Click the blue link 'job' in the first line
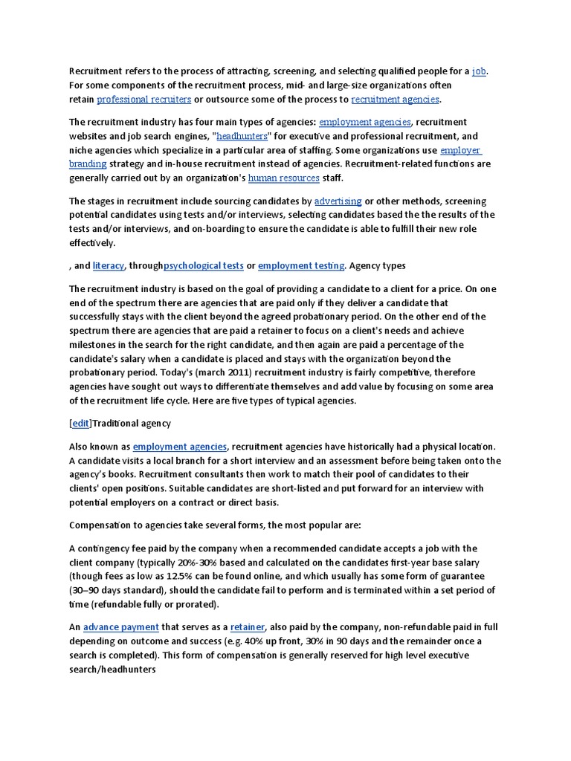(480, 71)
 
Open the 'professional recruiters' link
(143, 100)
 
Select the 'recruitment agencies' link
(396, 100)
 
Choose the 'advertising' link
(338, 201)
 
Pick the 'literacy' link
(109, 265)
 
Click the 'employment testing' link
(301, 265)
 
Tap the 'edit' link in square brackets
(80, 424)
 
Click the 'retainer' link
(248, 627)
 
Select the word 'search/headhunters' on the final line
(112, 670)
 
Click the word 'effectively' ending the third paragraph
(91, 243)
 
